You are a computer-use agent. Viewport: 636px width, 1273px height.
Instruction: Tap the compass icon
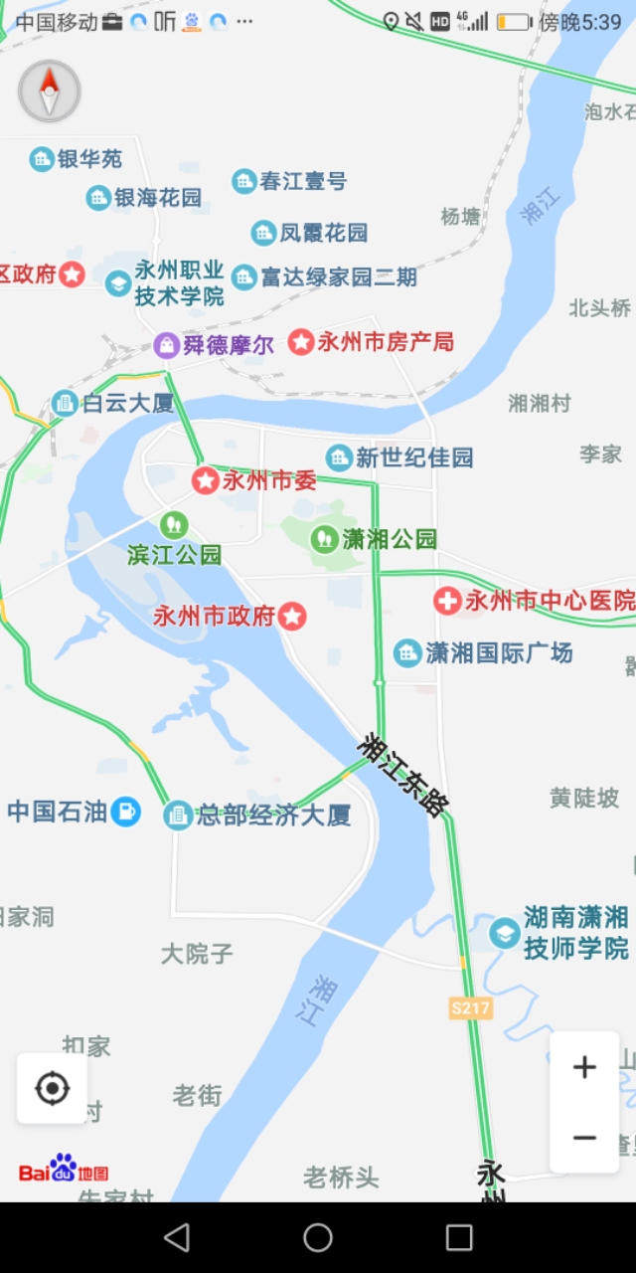(50, 91)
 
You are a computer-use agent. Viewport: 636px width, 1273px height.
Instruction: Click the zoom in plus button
(584, 1068)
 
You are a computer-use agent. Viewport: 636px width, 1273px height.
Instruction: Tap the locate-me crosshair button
(52, 1089)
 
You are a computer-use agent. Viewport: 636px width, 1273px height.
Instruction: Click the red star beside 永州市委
(206, 481)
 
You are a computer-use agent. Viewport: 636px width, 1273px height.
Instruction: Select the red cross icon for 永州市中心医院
(447, 601)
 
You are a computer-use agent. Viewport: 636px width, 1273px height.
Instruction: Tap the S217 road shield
(470, 1007)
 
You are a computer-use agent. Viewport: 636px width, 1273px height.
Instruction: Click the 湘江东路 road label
(403, 776)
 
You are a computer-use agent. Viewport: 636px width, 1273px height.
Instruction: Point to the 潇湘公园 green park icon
(324, 539)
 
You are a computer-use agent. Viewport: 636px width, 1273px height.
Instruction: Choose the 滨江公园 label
(175, 555)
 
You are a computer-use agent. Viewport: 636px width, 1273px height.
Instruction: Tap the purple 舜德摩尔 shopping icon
(167, 345)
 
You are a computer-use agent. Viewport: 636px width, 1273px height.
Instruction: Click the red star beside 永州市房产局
(301, 342)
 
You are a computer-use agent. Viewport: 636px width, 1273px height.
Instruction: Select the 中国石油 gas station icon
(125, 812)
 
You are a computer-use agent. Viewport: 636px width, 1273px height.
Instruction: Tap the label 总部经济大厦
(273, 816)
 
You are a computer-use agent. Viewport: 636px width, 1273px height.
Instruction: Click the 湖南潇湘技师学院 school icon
(505, 933)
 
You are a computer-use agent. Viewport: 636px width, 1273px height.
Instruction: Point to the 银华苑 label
(89, 159)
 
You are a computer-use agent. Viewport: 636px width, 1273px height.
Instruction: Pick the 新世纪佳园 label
(413, 457)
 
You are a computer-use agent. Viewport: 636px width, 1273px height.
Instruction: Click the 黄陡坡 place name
(584, 798)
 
